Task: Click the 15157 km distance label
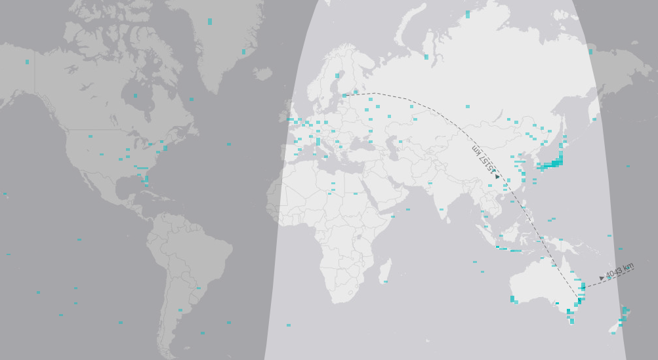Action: click(483, 158)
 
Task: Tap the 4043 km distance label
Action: click(619, 270)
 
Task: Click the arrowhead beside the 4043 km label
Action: click(602, 278)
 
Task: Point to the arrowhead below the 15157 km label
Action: click(497, 176)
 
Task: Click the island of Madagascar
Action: click(386, 270)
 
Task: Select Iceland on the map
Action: click(262, 73)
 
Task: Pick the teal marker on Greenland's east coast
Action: click(243, 52)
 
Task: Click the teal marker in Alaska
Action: click(27, 62)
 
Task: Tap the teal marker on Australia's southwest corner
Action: click(512, 299)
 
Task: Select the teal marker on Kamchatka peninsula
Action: click(590, 52)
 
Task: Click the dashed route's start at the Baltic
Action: click(344, 96)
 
